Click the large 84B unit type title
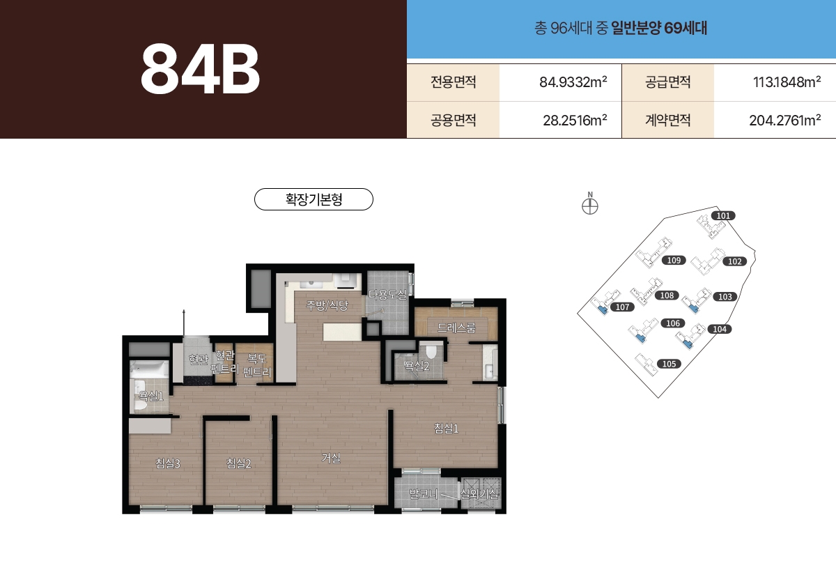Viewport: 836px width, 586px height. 201,70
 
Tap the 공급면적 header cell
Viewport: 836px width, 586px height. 667,82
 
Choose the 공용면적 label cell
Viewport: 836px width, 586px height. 453,120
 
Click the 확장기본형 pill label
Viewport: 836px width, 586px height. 314,199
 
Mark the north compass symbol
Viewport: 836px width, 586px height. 590,206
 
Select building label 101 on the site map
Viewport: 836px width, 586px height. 724,216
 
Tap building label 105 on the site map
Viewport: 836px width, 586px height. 669,364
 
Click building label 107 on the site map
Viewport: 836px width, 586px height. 622,307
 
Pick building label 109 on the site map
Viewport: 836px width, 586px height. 673,261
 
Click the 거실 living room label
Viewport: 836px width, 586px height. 331,458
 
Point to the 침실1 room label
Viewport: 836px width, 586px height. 447,429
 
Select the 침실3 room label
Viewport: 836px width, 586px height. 169,463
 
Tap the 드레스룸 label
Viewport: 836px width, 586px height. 456,327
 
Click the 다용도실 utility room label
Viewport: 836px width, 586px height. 387,295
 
